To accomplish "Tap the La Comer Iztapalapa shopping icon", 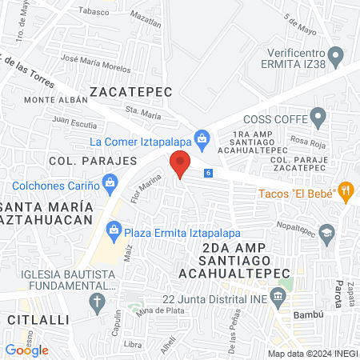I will pyautogui.click(x=203, y=141).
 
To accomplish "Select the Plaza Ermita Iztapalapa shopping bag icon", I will pyautogui.click(x=114, y=232).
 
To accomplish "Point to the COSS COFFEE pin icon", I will pyautogui.click(x=319, y=119).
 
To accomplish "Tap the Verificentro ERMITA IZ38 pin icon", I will pyautogui.click(x=336, y=56).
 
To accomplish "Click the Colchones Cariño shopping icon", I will pyautogui.click(x=110, y=186).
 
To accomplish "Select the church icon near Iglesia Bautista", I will pyautogui.click(x=97, y=302).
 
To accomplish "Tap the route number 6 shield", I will pyautogui.click(x=208, y=173).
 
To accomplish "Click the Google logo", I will pyautogui.click(x=26, y=350).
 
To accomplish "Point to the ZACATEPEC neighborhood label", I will pyautogui.click(x=131, y=92).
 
